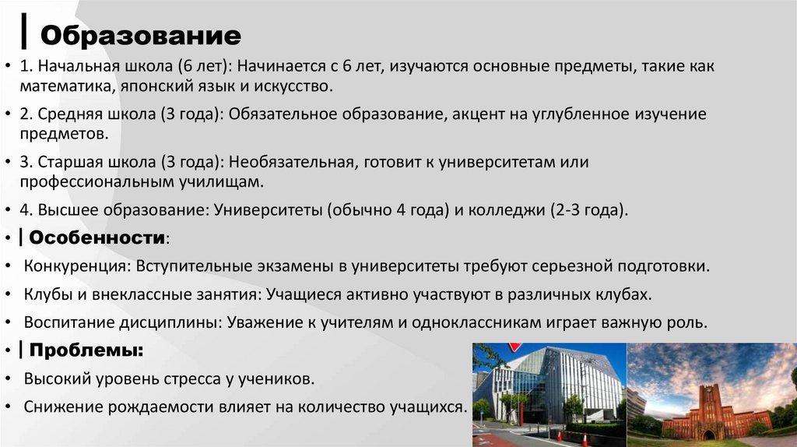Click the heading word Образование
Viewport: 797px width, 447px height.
[x=140, y=35]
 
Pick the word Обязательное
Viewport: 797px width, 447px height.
[x=286, y=114]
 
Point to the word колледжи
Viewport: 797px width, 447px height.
[x=505, y=210]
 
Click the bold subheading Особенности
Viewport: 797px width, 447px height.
[x=97, y=237]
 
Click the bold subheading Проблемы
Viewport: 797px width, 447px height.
[x=86, y=350]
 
